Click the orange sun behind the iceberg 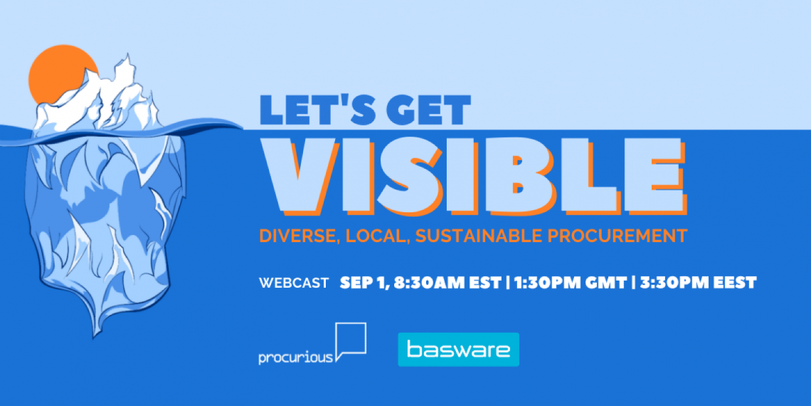57,73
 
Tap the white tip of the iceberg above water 98,98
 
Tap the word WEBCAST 294,283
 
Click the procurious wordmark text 295,358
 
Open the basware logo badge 458,350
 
